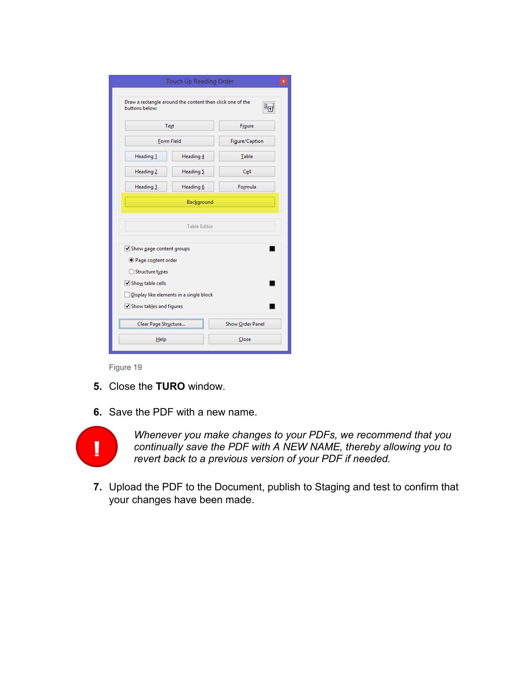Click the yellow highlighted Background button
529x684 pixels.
200,202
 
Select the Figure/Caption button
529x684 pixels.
247,141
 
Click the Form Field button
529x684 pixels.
169,141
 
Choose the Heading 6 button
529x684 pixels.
193,187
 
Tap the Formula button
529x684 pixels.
247,187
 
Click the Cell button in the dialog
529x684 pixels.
247,172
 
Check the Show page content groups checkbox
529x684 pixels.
127,249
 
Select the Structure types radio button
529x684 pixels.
131,272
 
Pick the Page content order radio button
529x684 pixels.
131,260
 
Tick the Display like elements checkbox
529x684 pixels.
127,295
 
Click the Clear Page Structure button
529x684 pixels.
161,324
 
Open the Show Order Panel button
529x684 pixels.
245,324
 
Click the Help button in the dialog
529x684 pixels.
161,339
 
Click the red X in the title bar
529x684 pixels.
283,81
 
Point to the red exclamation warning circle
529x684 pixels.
97,447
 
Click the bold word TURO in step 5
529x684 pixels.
170,387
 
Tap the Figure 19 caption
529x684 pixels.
125,367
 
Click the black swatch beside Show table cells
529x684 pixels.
272,283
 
